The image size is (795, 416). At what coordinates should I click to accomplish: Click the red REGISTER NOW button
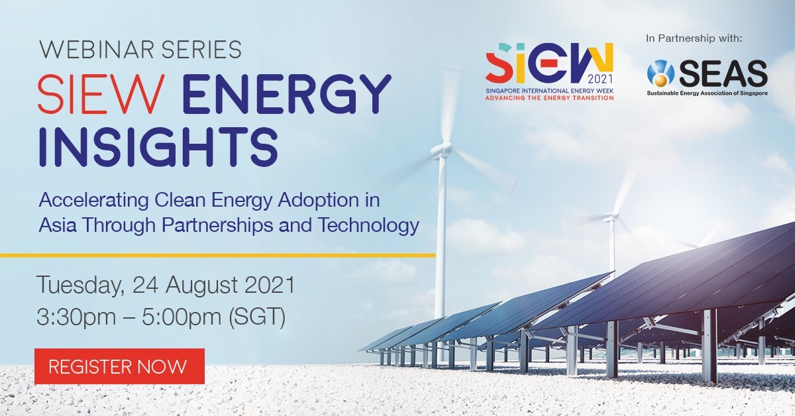pos(120,366)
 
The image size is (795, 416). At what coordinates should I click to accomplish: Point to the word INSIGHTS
pos(158,147)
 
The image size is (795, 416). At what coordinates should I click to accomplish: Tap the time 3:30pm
pos(76,317)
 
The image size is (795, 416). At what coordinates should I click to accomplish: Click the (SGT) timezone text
pos(257,317)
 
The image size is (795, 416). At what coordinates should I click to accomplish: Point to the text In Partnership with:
pos(694,38)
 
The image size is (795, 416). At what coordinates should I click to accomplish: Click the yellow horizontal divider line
pos(217,255)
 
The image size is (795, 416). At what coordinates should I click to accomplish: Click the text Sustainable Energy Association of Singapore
pos(708,93)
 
